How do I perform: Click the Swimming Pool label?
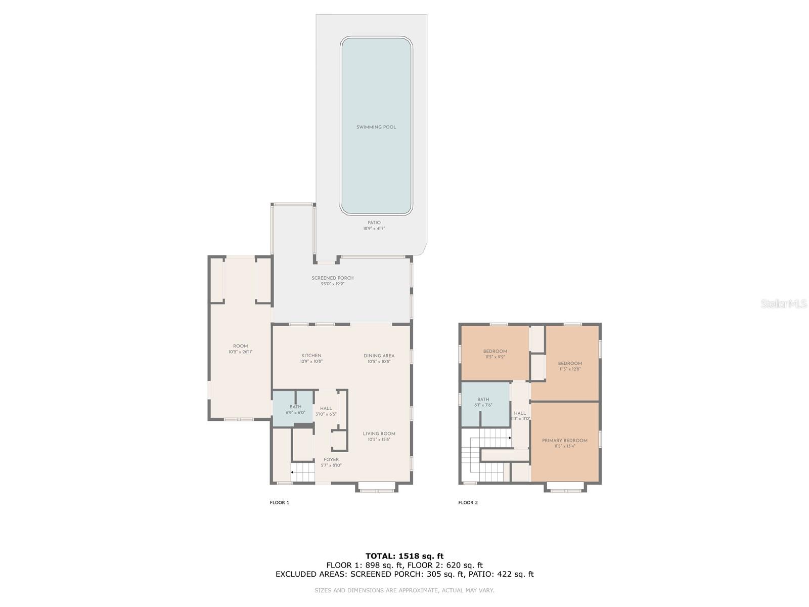(x=376, y=127)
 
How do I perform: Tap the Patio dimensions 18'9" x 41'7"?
(x=374, y=229)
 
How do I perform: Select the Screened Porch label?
(x=332, y=278)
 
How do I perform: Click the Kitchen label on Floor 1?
(x=311, y=356)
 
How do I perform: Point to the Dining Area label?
(x=379, y=356)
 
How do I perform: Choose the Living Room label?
(x=379, y=433)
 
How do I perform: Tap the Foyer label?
(x=331, y=460)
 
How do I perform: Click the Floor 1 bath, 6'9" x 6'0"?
(x=295, y=409)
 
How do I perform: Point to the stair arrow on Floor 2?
(x=510, y=438)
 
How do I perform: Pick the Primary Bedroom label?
(x=564, y=441)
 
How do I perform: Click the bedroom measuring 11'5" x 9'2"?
(x=495, y=354)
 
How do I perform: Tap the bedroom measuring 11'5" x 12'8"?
(x=570, y=366)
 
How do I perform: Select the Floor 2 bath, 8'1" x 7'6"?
(x=483, y=402)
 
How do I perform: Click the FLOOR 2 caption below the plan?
(x=468, y=502)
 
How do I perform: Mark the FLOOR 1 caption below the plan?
(x=279, y=502)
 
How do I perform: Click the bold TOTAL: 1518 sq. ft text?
(x=404, y=556)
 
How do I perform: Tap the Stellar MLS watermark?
(x=784, y=303)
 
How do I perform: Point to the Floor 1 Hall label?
(x=326, y=409)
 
